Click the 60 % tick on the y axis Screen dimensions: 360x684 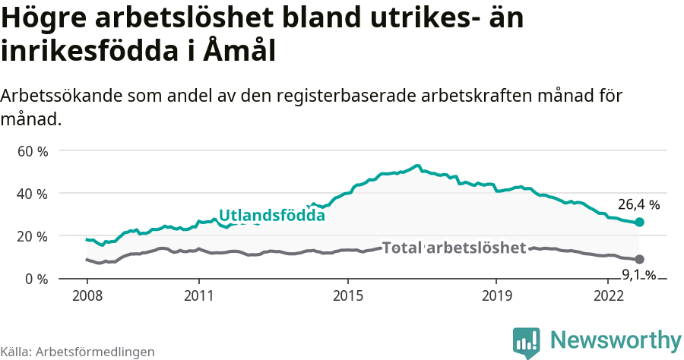click(x=33, y=151)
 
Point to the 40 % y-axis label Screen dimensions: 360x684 click(x=33, y=194)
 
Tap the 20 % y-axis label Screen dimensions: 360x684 click(x=33, y=236)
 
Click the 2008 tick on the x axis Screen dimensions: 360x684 click(x=87, y=295)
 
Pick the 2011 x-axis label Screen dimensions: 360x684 click(x=198, y=295)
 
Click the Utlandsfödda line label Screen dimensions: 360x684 click(x=271, y=216)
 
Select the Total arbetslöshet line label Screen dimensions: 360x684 click(x=454, y=248)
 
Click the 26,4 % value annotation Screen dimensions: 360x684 click(x=638, y=204)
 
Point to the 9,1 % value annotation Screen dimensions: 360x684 click(x=638, y=275)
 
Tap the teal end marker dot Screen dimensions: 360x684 click(x=639, y=222)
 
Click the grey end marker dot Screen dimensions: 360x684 click(x=639, y=259)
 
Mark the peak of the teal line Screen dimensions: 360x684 click(x=416, y=165)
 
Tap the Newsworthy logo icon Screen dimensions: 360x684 click(x=527, y=343)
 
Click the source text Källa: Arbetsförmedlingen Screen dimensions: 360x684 click(x=78, y=352)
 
